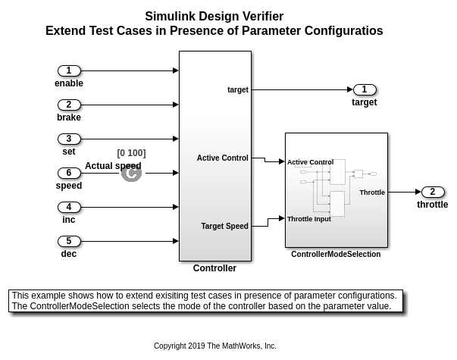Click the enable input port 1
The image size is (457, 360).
69,70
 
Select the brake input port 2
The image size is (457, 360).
69,105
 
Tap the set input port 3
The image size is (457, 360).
69,139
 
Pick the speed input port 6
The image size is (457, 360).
69,173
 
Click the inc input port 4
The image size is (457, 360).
69,207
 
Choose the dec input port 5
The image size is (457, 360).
69,241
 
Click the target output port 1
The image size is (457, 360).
365,89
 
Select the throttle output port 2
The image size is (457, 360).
433,192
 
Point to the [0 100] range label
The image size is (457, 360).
131,153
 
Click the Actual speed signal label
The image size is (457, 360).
113,166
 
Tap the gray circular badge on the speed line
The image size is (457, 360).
131,173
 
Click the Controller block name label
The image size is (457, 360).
214,268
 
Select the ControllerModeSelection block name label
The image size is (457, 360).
336,254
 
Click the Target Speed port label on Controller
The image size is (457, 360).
225,226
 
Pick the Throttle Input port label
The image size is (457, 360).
309,219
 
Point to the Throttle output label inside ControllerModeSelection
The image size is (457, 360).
372,193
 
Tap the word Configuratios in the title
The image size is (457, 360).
343,31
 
